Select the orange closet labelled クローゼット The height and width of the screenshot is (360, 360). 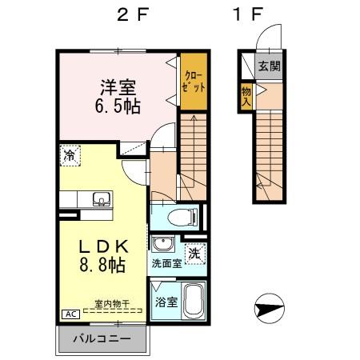tap(192, 80)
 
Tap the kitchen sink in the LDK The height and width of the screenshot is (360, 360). tap(101, 199)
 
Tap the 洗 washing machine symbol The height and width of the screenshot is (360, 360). tap(194, 254)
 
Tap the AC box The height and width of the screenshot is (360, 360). tap(70, 314)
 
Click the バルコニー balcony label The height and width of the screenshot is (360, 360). tap(102, 338)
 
